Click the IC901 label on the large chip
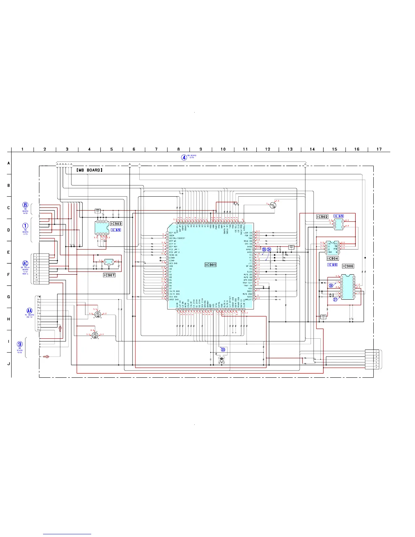click(x=211, y=265)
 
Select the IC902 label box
click(x=322, y=217)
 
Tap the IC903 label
click(x=116, y=224)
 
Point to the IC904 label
click(x=333, y=258)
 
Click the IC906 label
click(x=348, y=266)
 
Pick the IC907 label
click(x=109, y=275)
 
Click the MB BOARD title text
click(x=89, y=170)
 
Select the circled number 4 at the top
click(x=184, y=157)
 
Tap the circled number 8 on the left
click(x=25, y=205)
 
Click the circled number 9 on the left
click(x=20, y=344)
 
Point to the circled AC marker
click(x=25, y=263)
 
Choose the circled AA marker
click(x=29, y=311)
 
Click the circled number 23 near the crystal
click(x=223, y=350)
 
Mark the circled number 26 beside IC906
click(x=331, y=285)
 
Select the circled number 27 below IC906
click(x=335, y=299)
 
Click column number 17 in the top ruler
click(x=379, y=149)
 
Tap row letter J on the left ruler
click(x=9, y=364)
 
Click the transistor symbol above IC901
click(x=273, y=206)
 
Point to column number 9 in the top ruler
click(x=201, y=149)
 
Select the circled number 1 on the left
click(x=25, y=226)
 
